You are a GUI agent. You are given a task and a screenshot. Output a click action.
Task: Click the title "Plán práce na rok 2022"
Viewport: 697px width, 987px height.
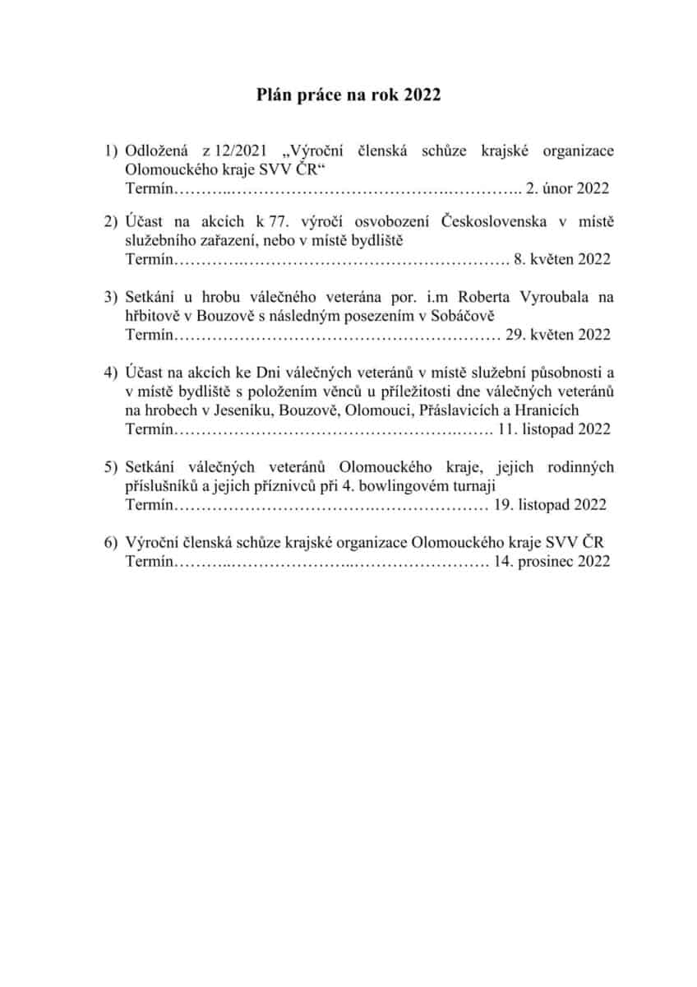click(x=348, y=96)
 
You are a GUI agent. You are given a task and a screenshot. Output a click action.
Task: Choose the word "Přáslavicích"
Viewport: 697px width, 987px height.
click(x=464, y=410)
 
